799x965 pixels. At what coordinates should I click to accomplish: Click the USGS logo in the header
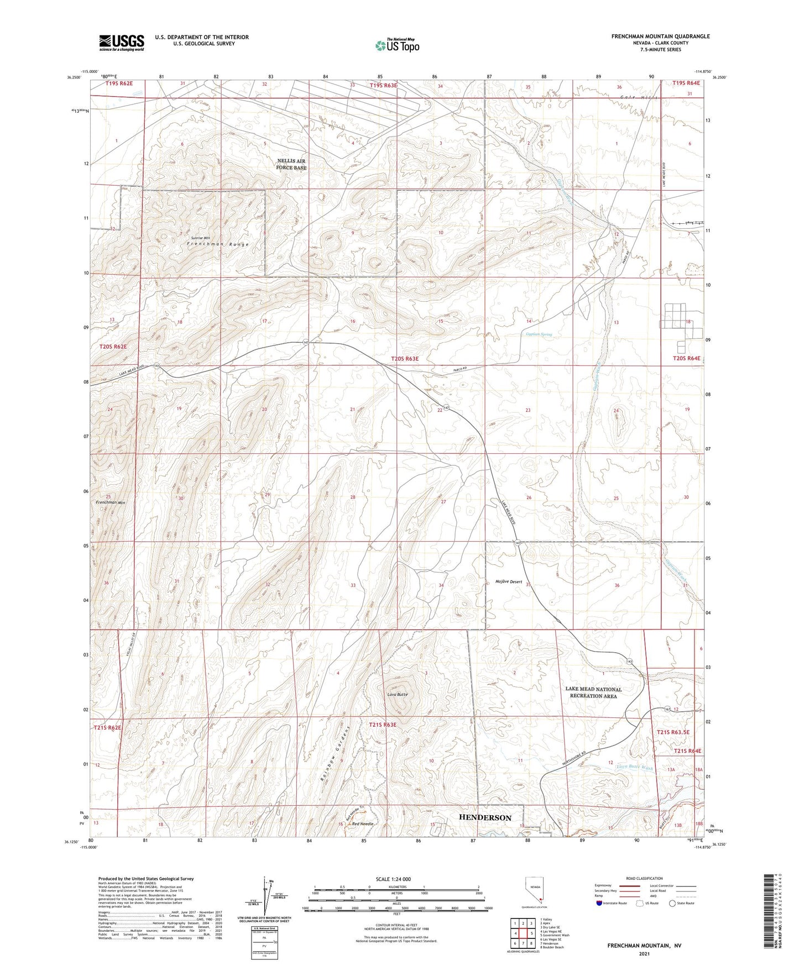122,42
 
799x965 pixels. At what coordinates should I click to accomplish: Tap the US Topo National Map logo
396,45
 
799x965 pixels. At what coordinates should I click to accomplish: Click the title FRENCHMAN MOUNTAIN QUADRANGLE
660,36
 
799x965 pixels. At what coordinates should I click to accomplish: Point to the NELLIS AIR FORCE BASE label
291,164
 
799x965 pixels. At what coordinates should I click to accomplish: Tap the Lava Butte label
397,694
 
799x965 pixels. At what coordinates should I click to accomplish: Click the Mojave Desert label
509,581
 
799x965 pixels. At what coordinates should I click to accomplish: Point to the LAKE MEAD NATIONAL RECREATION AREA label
593,693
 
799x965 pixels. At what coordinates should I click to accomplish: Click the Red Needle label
363,824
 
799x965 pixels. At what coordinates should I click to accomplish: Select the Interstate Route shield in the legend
600,903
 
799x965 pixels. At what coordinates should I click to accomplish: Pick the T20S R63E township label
405,359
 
